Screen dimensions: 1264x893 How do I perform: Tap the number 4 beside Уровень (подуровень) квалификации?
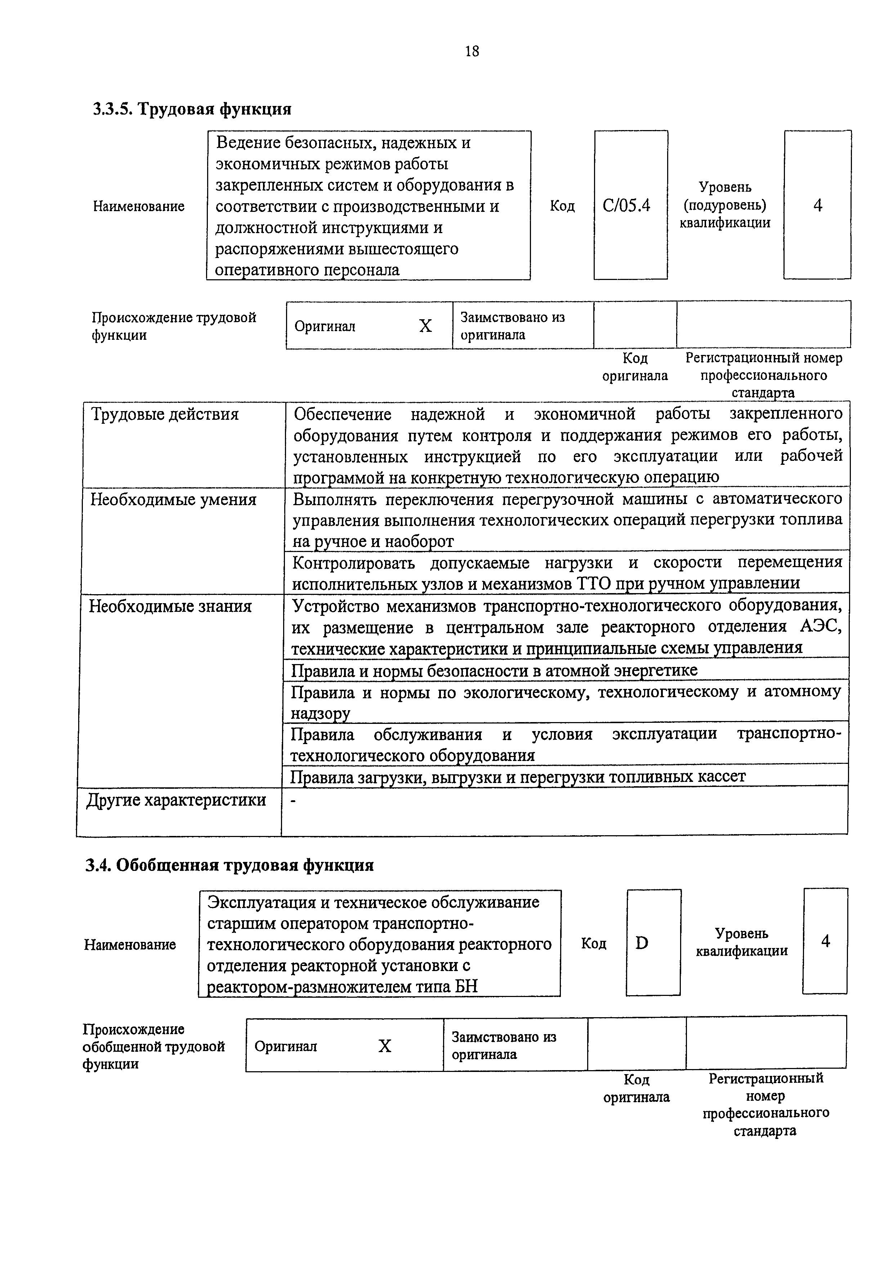click(x=818, y=205)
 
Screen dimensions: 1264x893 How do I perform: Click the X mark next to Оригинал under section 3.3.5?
click(x=425, y=326)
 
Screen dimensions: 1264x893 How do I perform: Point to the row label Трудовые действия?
click(x=165, y=414)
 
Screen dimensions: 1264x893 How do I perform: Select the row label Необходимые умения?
click(x=173, y=500)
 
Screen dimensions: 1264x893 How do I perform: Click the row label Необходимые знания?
click(x=170, y=606)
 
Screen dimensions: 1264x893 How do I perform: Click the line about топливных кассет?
click(x=517, y=776)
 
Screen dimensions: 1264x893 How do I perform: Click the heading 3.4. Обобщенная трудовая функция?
click(x=229, y=865)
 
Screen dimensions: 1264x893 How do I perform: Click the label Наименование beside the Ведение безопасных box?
click(x=139, y=206)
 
